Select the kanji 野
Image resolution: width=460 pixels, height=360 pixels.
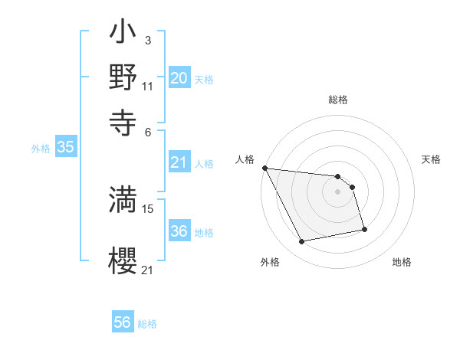pos(122,77)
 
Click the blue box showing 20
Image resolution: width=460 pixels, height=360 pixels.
pos(179,78)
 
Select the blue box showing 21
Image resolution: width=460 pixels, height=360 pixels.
pos(179,162)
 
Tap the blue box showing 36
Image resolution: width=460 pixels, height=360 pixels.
pos(179,231)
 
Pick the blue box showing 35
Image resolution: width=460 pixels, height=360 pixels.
pos(65,148)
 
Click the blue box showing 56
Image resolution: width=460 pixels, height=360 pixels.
pos(123,322)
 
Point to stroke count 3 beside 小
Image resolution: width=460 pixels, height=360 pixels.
pos(147,40)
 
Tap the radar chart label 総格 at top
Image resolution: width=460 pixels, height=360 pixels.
pos(338,100)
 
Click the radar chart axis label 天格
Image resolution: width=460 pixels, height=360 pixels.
pos(431,159)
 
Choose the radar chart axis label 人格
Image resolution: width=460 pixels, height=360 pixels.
pos(245,159)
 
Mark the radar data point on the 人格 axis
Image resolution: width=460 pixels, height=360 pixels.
pos(264,168)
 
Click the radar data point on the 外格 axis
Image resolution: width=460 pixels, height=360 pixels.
pos(302,242)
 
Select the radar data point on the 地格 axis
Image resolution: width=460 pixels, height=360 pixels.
pos(364,229)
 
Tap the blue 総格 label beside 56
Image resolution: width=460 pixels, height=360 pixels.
pos(148,324)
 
